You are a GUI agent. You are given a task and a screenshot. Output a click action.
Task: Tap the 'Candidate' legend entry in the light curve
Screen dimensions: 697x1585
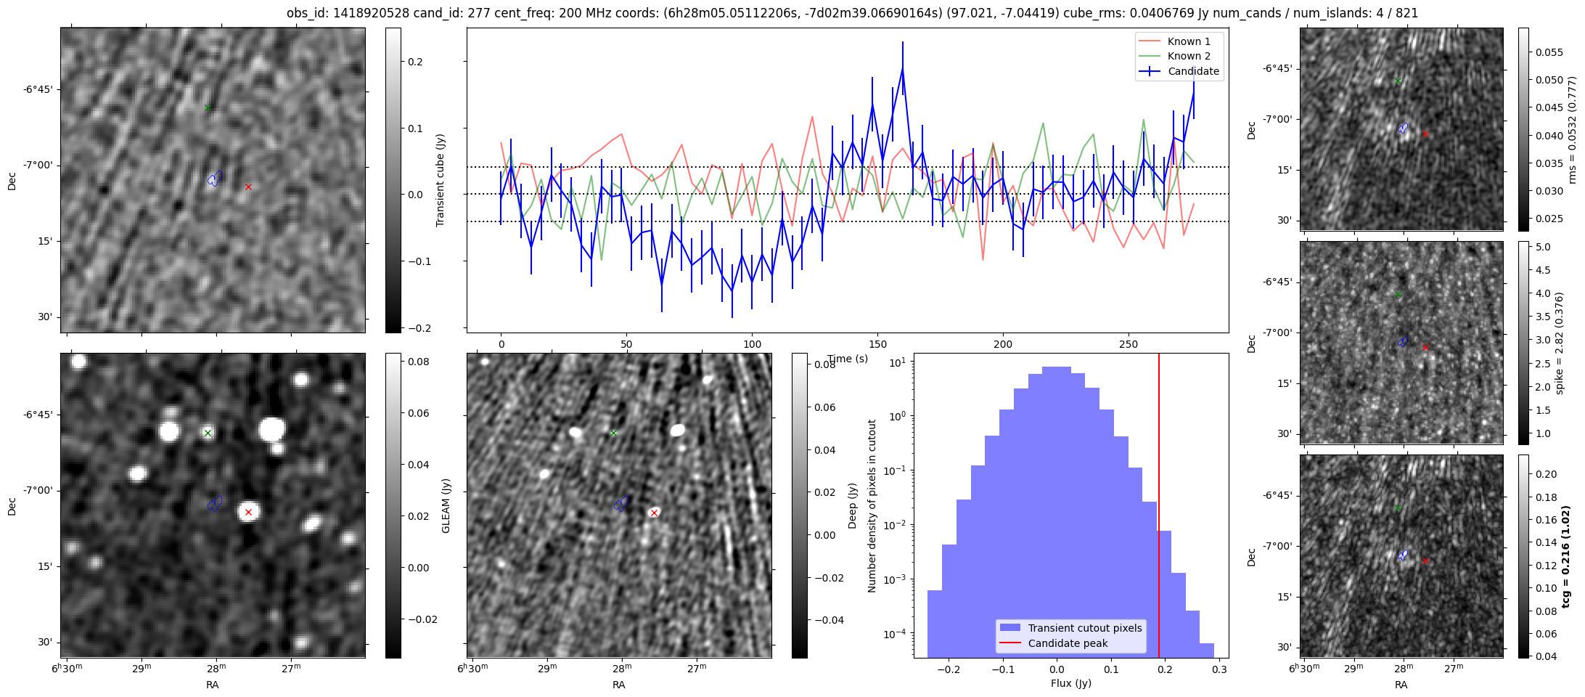(1193, 71)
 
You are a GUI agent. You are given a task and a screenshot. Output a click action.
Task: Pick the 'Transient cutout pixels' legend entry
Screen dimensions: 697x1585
(1084, 628)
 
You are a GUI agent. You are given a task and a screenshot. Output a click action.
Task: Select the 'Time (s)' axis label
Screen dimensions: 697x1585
(848, 359)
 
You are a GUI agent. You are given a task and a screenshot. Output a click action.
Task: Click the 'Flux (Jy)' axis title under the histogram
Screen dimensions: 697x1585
(1070, 683)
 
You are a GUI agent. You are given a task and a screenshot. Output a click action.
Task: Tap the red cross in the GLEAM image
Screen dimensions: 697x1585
(248, 512)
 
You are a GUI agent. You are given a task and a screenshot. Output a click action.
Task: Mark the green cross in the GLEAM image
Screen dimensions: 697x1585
(208, 433)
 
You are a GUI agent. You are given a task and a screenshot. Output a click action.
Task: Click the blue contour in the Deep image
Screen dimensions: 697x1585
(621, 503)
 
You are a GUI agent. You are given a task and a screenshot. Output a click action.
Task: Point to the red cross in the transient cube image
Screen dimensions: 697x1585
(248, 187)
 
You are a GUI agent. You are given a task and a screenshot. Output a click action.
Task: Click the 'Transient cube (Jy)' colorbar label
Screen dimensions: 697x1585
(441, 180)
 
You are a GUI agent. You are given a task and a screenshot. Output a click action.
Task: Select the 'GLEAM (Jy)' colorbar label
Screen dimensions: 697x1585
(446, 505)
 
